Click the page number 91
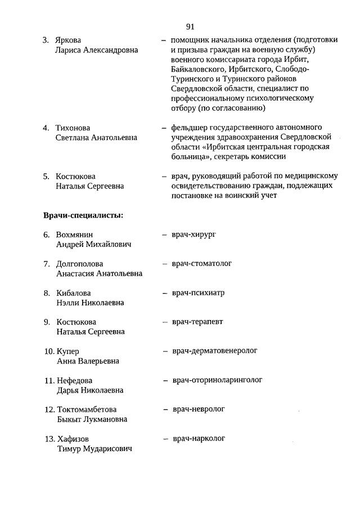[x=190, y=26]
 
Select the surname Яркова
[x=69, y=40]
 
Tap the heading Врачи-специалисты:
[x=83, y=215]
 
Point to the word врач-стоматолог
[x=202, y=263]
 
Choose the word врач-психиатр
[x=199, y=292]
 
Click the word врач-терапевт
[x=197, y=322]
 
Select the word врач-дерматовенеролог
[x=214, y=350]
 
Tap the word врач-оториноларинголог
[x=217, y=380]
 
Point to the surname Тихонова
[x=73, y=128]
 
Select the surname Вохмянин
[x=75, y=235]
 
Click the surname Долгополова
[x=80, y=264]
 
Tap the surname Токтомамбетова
[x=87, y=409]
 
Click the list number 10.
[x=49, y=352]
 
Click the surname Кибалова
[x=74, y=293]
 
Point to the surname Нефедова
[x=74, y=381]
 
